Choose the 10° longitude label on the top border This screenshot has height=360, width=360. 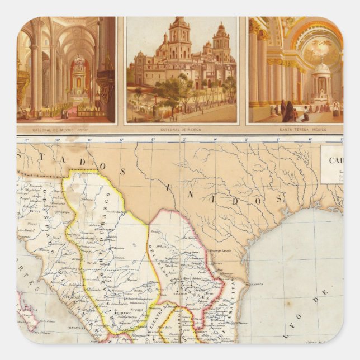point(57,139)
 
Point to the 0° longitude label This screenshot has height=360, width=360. point(215,139)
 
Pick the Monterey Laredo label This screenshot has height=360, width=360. point(221,252)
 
